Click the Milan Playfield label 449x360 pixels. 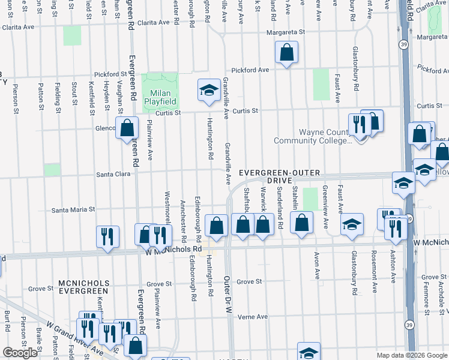pos(160,98)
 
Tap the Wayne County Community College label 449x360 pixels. pos(312,136)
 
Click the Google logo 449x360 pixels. pos(20,353)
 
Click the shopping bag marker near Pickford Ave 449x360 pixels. pos(287,52)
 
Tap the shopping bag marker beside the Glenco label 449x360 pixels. pos(127,128)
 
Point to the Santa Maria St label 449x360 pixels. pos(73,210)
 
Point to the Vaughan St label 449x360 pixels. pos(121,97)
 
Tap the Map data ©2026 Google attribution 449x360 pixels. pos(411,355)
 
